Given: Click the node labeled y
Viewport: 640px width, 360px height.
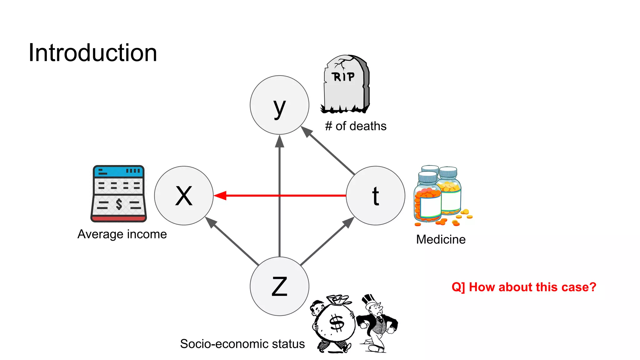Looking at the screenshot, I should [x=279, y=105].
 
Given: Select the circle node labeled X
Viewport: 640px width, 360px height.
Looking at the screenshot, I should [x=184, y=196].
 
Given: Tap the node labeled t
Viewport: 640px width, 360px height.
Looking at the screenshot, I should [x=375, y=196].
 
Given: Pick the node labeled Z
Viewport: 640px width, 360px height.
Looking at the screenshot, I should [x=279, y=286].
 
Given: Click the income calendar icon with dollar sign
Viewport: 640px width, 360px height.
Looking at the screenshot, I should [x=119, y=194].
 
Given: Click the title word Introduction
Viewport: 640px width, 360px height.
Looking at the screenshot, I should [x=93, y=53].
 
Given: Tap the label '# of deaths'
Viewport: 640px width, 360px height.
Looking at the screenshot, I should [x=356, y=126].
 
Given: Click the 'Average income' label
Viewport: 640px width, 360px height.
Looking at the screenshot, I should [x=122, y=234].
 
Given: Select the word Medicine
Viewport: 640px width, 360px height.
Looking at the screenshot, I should [x=441, y=240].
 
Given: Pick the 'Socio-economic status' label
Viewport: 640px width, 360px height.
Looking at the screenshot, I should [x=242, y=344].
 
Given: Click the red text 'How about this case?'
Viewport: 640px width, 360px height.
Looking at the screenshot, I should [x=524, y=287].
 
